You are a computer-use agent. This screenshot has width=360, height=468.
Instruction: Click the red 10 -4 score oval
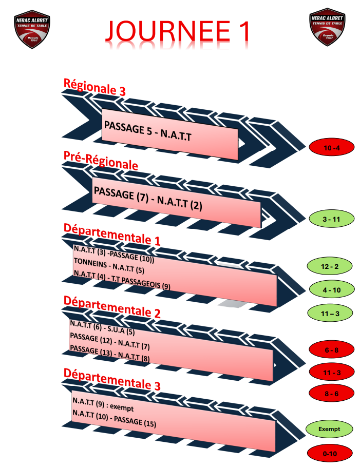(x=332, y=148)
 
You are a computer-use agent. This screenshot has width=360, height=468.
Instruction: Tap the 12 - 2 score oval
(x=329, y=267)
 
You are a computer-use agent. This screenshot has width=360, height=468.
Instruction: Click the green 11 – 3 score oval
(x=329, y=312)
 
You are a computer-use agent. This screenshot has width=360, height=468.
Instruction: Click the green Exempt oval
(x=329, y=428)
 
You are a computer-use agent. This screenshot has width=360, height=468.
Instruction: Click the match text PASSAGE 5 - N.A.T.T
(x=147, y=132)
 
